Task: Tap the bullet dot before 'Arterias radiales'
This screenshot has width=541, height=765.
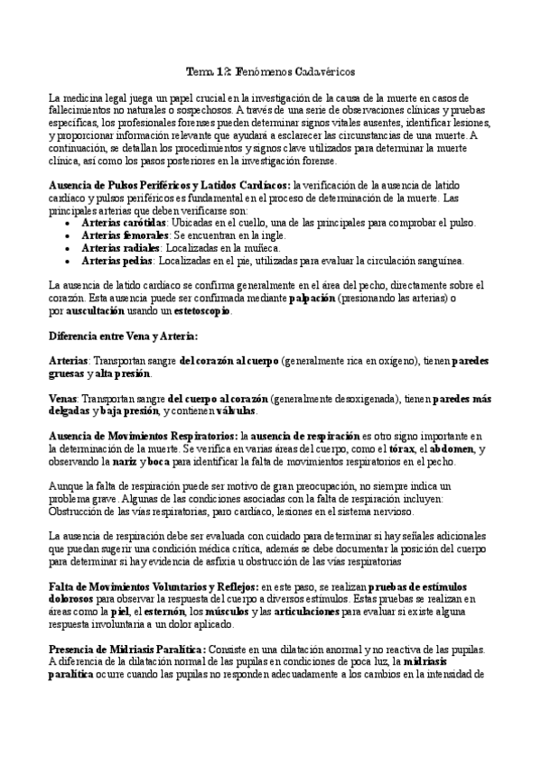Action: [71, 247]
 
